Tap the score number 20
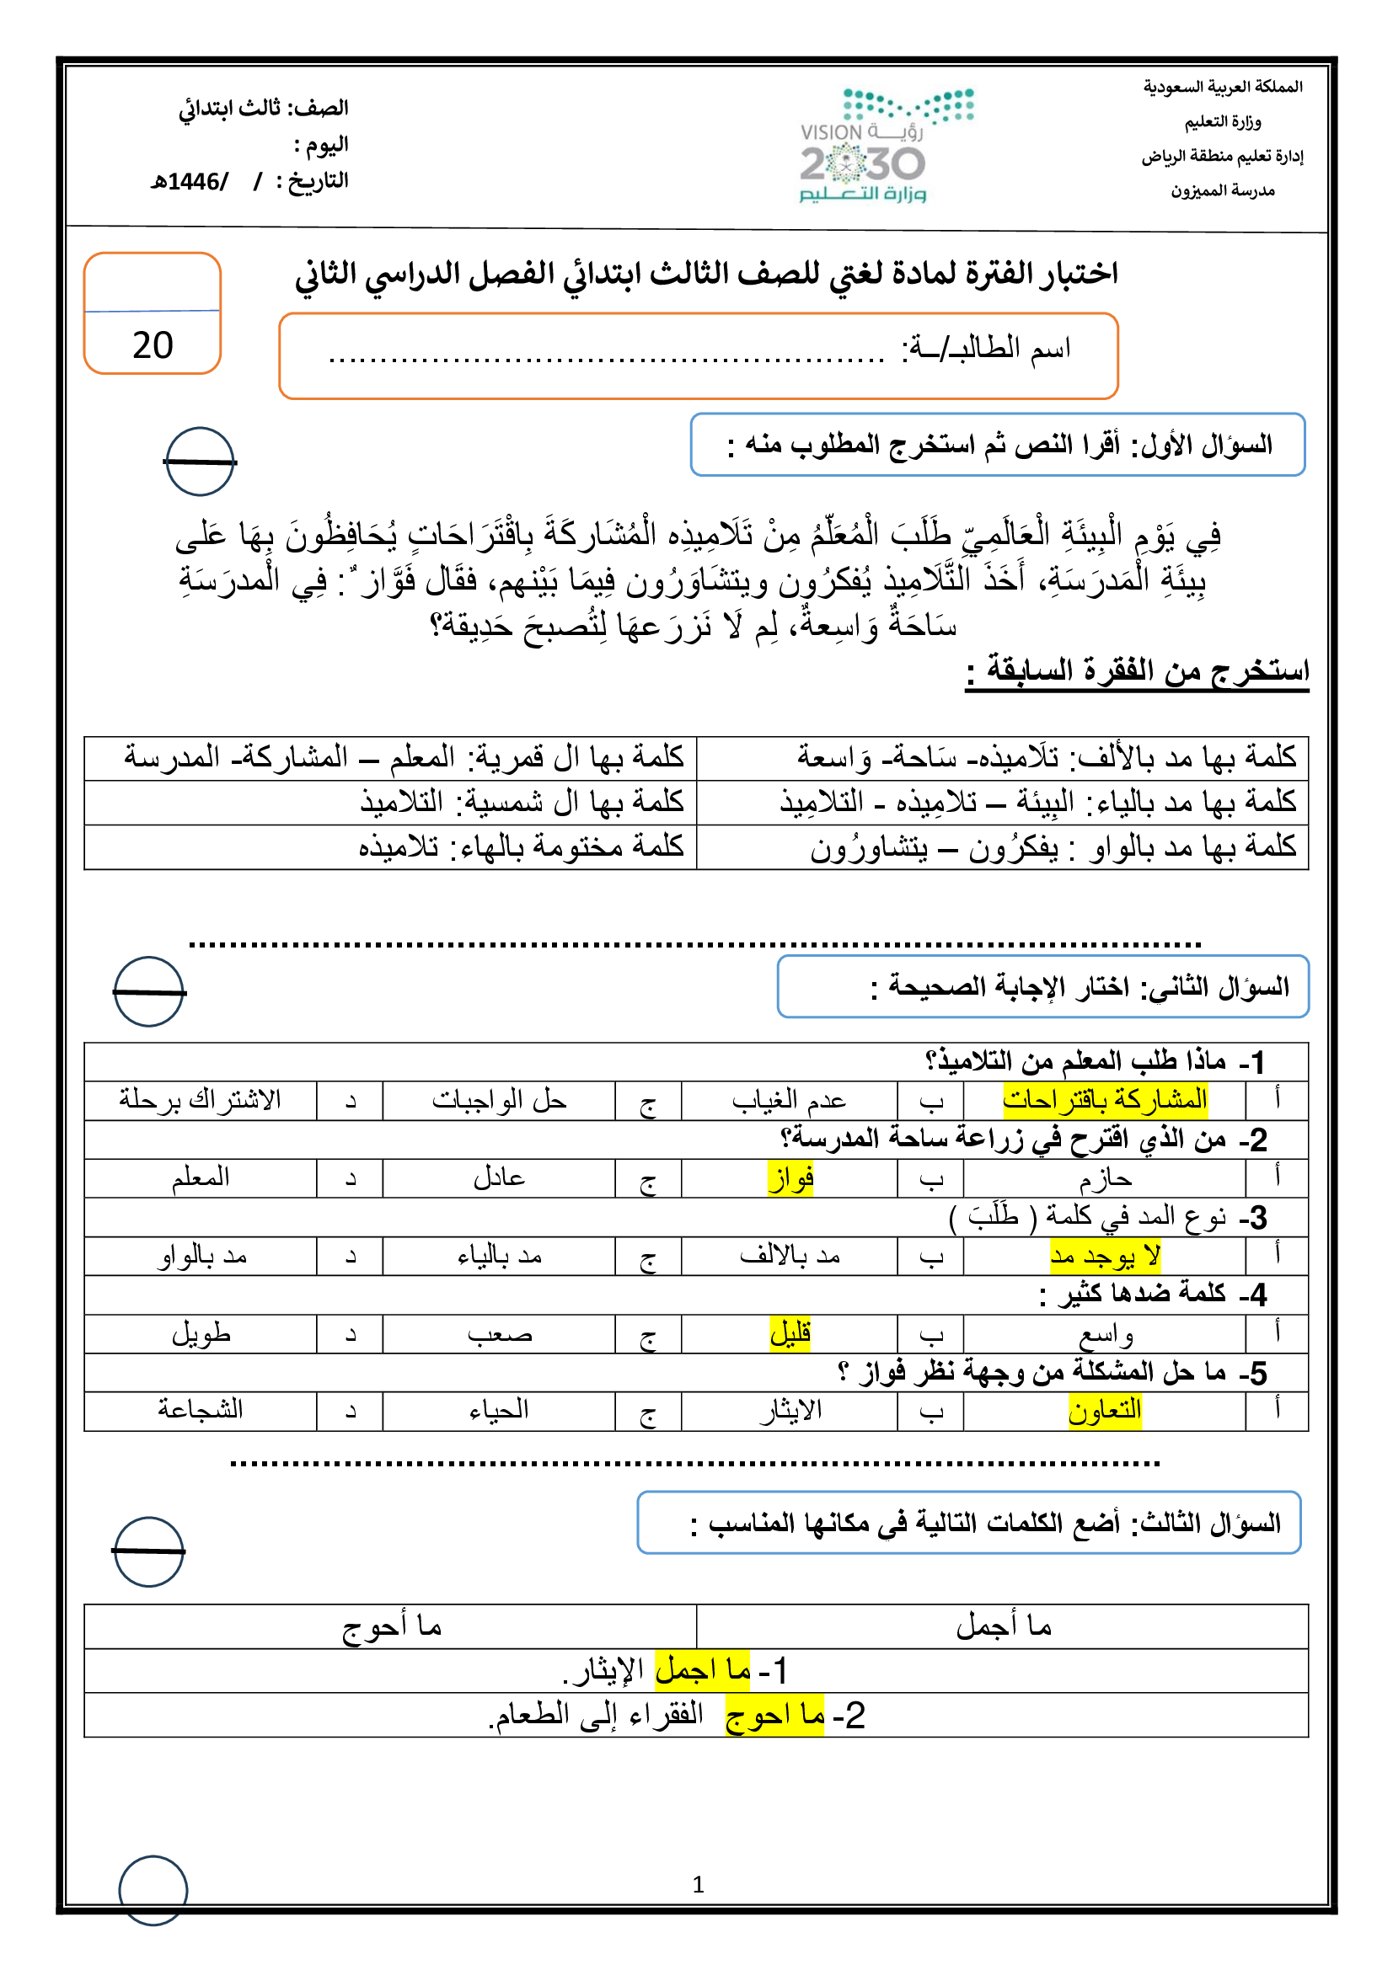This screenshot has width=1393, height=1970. pos(153,345)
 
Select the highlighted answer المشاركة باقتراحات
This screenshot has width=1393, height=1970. pos(1105,1100)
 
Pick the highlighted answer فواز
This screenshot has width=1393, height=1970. pos(790,1178)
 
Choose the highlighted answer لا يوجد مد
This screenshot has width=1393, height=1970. pos(1106,1256)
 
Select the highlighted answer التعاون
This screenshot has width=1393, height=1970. pos(1105,1410)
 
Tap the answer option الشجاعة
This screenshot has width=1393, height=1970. pos(200,1410)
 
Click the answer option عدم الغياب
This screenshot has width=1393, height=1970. pos(789,1100)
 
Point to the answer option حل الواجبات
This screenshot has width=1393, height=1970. pos(499,1100)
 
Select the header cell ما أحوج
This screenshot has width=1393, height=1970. pos(391,1626)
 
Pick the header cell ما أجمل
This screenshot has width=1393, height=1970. pos(1004,1626)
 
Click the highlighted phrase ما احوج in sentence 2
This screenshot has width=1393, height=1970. pos(775,1715)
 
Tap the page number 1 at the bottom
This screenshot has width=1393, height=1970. pos(698,1884)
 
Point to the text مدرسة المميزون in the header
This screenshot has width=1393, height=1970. pos(1222,190)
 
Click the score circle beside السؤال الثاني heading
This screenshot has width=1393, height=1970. pos(149,992)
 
